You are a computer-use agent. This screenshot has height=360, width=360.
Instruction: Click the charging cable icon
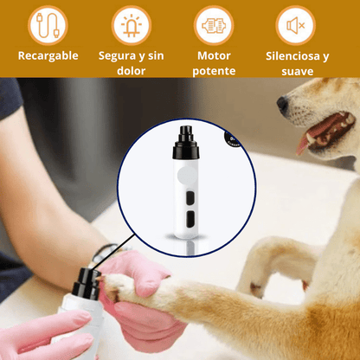(x=48, y=25)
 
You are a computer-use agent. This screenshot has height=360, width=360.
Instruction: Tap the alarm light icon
(x=132, y=25)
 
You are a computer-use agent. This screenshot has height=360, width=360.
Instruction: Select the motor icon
(x=214, y=25)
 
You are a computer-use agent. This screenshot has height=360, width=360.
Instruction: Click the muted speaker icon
(x=296, y=25)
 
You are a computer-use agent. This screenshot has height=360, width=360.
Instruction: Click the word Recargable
(x=48, y=56)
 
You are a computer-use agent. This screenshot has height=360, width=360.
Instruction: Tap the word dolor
(x=132, y=71)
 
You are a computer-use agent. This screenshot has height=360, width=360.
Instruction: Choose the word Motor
(x=214, y=55)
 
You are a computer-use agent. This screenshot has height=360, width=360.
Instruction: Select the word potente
(x=214, y=71)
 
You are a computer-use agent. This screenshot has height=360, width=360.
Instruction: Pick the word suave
(x=298, y=71)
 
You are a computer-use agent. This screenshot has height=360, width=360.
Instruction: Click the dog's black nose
(x=282, y=104)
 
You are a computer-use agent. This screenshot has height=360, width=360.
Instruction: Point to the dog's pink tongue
(x=304, y=143)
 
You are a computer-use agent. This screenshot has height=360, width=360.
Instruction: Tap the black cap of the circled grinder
(x=186, y=143)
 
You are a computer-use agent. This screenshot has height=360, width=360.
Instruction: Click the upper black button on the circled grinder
(x=190, y=199)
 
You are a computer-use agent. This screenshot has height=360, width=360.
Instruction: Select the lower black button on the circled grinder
(x=190, y=219)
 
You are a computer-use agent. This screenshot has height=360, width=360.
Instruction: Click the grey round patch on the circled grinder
(x=187, y=176)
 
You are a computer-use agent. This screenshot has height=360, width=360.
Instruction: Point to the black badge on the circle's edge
(x=233, y=138)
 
